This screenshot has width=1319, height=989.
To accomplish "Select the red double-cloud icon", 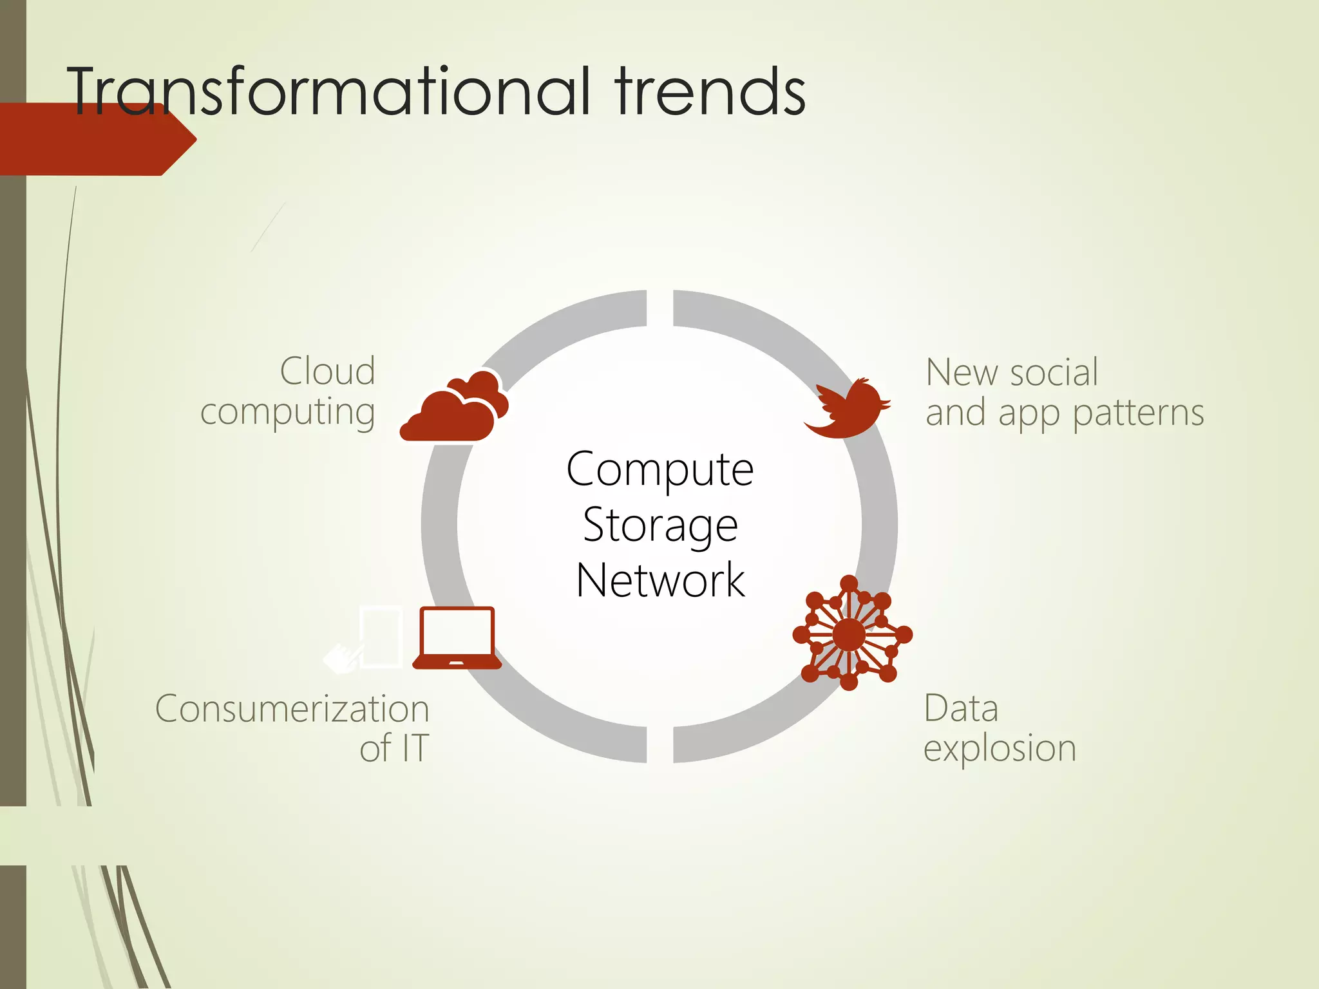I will point(455,407).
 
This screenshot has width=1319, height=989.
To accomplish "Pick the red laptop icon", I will point(457,637).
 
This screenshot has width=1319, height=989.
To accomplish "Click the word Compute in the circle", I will point(659,469).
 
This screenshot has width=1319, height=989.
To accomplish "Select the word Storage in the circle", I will point(659,525).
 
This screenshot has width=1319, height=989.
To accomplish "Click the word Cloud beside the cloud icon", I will point(328,372).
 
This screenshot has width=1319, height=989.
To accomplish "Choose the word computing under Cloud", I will point(287,412).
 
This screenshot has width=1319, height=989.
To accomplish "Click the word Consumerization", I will point(292,709).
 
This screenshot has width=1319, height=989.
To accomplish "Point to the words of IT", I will point(394,748).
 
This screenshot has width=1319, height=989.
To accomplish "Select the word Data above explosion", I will point(961,708).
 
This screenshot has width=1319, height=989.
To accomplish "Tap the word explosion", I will point(1000,748).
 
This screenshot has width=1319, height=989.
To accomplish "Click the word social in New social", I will point(1054,372).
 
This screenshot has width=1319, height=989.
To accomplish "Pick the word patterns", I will point(1138,412).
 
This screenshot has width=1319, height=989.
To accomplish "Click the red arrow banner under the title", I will point(97,140).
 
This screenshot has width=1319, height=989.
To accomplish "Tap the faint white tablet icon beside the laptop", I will point(381,637).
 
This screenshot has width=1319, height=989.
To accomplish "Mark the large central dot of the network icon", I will point(849,635).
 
